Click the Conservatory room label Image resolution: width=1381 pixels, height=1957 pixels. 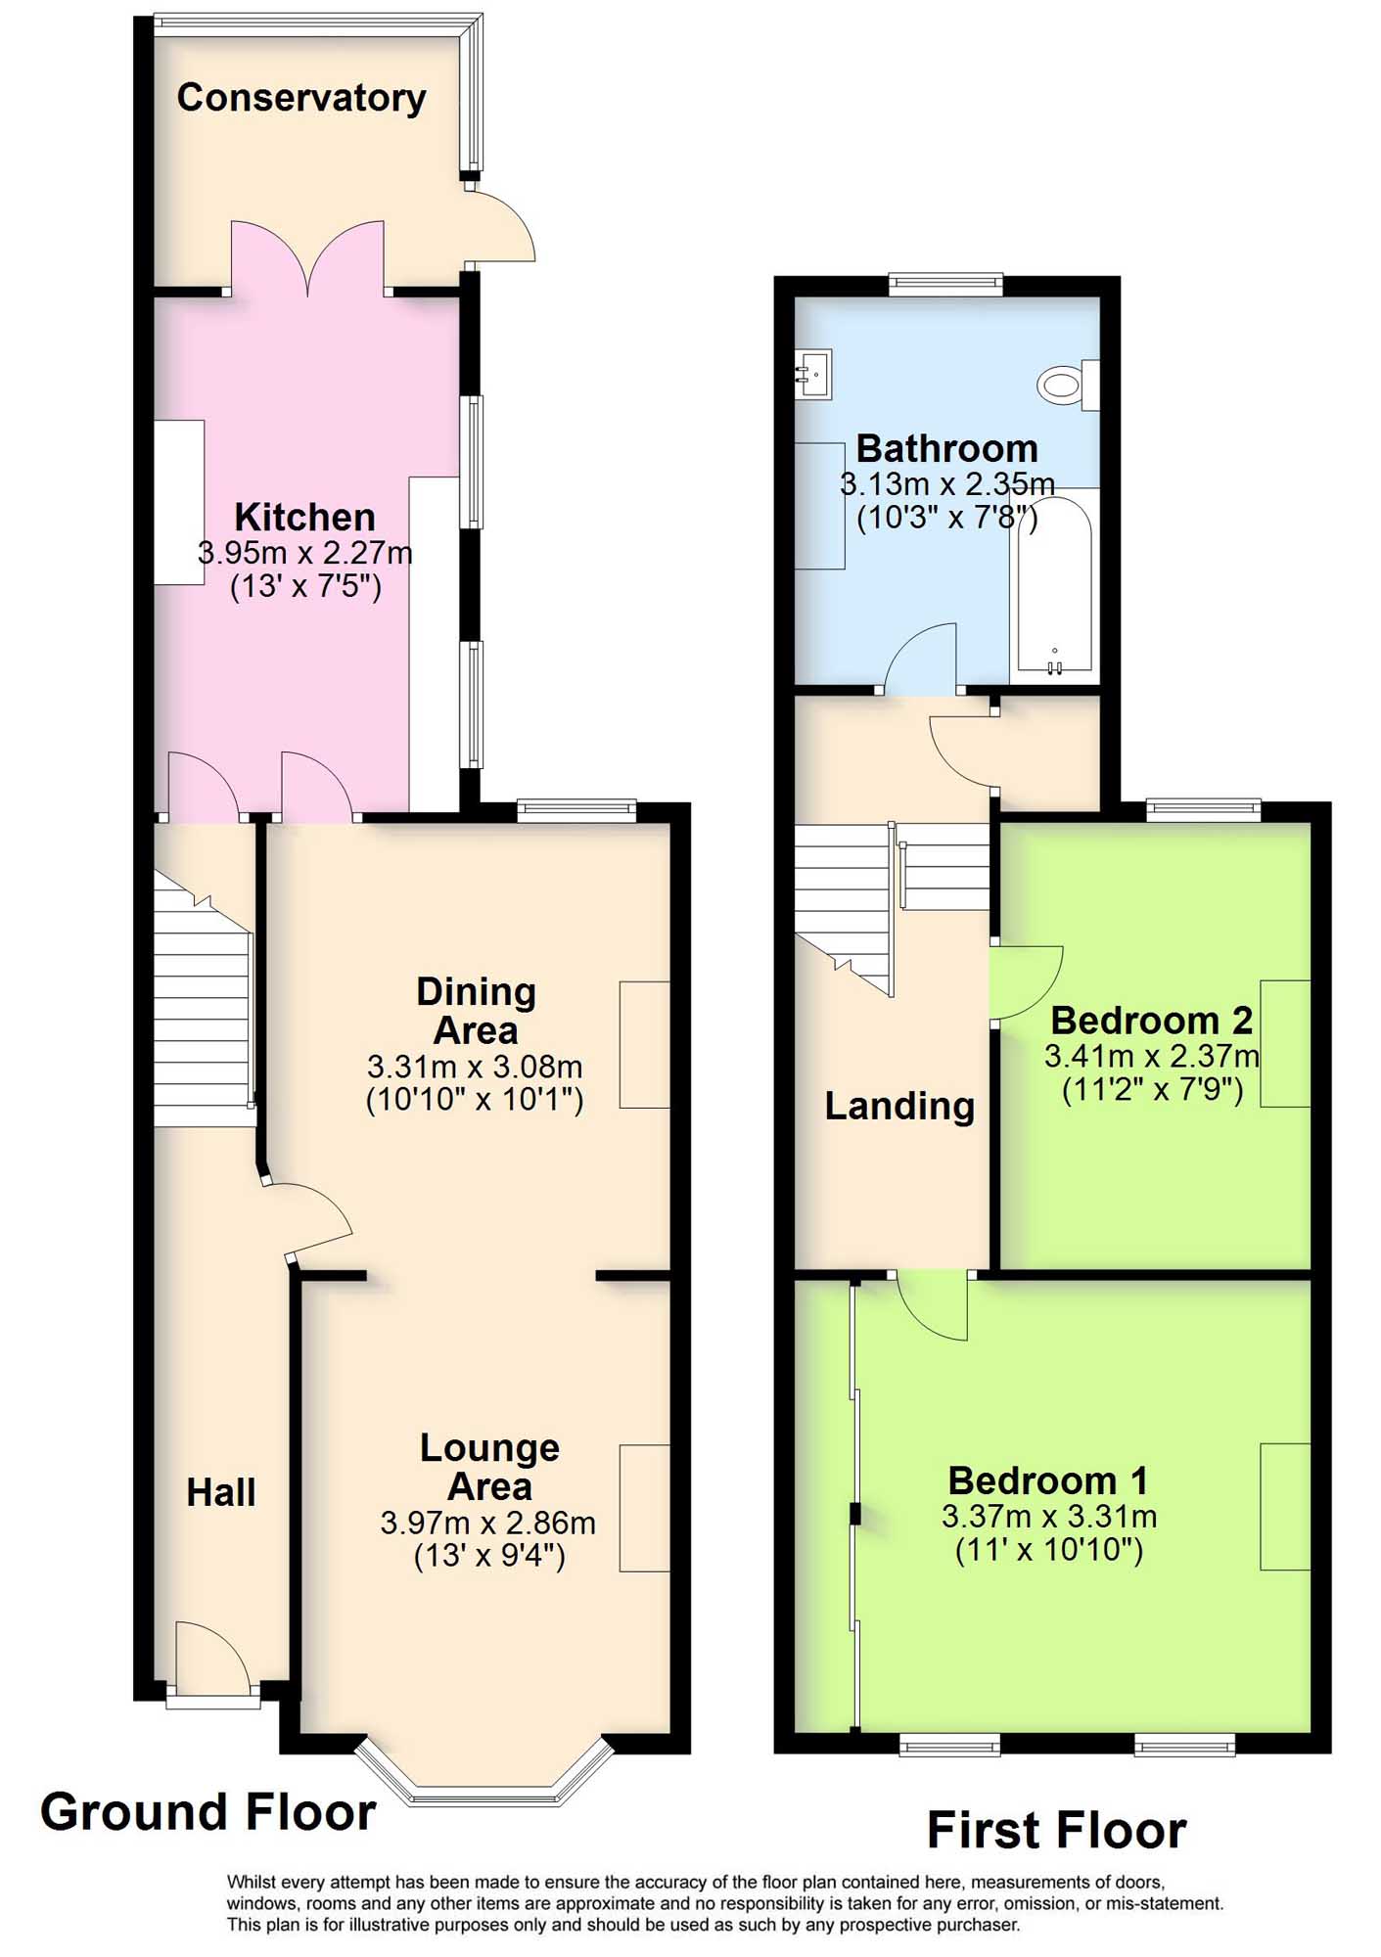301,99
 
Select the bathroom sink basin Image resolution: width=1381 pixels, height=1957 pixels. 813,374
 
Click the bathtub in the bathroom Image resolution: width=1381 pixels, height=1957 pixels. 1055,584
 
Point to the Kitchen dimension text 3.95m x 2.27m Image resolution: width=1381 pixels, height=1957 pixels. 305,553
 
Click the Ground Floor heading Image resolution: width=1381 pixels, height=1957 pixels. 208,1812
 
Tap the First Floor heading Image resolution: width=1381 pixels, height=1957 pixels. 1057,1831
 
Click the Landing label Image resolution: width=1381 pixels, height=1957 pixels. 899,1106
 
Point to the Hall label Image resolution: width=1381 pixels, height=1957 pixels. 221,1493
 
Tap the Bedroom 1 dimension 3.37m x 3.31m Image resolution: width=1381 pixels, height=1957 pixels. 1049,1517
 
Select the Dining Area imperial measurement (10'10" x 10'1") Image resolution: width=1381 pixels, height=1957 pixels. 475,1101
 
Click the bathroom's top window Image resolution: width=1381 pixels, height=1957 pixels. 946,285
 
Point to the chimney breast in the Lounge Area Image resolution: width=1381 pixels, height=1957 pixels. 645,1508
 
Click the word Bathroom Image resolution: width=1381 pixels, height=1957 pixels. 946,449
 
